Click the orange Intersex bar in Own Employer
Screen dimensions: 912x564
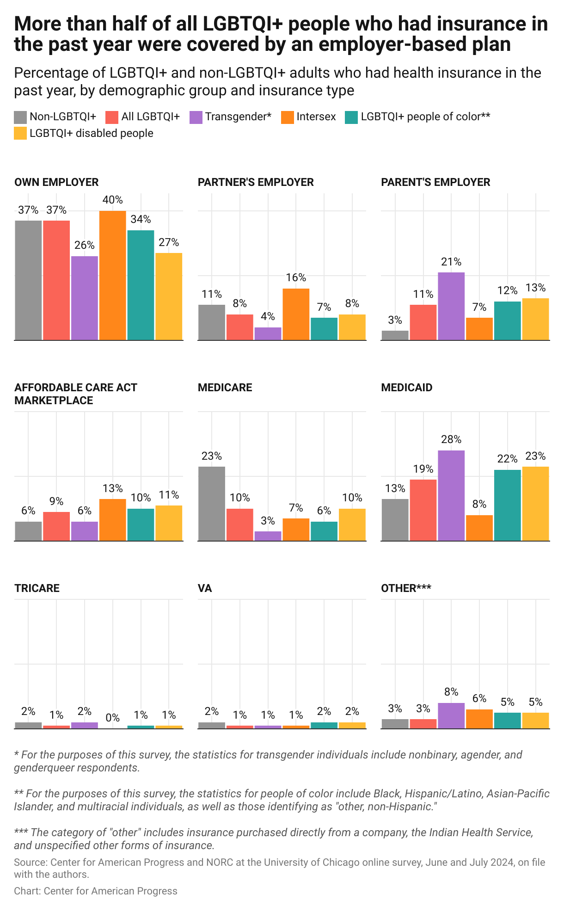pyautogui.click(x=112, y=275)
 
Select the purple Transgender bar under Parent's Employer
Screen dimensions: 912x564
pyautogui.click(x=451, y=306)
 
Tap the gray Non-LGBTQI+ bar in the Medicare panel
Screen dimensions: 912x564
pyautogui.click(x=212, y=503)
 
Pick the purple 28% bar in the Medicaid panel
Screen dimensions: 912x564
pyautogui.click(x=451, y=495)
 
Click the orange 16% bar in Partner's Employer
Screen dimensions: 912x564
pyautogui.click(x=296, y=314)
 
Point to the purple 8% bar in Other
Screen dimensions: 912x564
pyautogui.click(x=451, y=715)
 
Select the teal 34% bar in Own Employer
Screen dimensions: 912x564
pyautogui.click(x=141, y=285)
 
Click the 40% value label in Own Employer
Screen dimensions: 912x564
pyautogui.click(x=112, y=200)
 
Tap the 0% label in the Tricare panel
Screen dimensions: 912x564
pyautogui.click(x=112, y=718)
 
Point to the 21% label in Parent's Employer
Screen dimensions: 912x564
pyautogui.click(x=451, y=262)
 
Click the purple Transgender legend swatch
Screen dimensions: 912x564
pyautogui.click(x=196, y=117)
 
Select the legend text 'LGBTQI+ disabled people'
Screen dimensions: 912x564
pyautogui.click(x=92, y=133)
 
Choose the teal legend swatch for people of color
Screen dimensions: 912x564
pyautogui.click(x=351, y=117)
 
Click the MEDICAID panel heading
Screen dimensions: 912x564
pyautogui.click(x=407, y=388)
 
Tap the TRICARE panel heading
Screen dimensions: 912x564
pyautogui.click(x=37, y=588)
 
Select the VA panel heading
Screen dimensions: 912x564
pyautogui.click(x=205, y=588)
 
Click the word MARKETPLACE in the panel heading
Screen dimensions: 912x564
pyautogui.click(x=54, y=401)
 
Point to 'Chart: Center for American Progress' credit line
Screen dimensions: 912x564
pyautogui.click(x=96, y=891)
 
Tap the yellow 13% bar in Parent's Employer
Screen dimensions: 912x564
pyautogui.click(x=535, y=319)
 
